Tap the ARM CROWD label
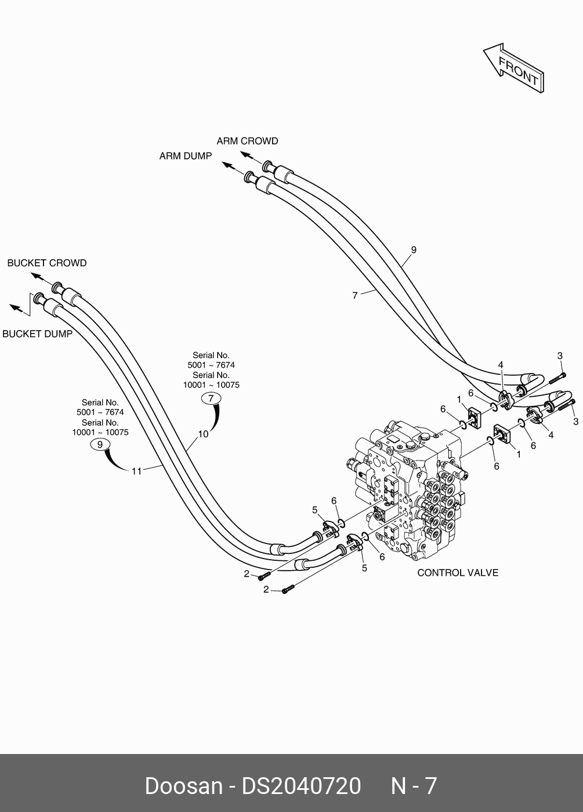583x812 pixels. (247, 141)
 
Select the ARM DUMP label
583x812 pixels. (186, 156)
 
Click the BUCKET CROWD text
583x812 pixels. (47, 263)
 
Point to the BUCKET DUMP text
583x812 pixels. (38, 333)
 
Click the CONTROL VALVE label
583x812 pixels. (458, 572)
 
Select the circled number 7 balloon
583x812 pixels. (211, 398)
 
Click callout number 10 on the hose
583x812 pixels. (203, 434)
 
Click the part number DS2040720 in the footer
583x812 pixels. (301, 786)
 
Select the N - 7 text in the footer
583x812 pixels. (413, 786)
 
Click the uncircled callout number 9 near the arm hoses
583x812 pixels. (414, 250)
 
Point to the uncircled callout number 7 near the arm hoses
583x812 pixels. (355, 295)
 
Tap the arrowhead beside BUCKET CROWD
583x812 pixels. (36, 276)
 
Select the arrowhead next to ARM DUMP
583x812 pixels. (227, 166)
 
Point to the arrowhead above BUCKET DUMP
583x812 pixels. (14, 306)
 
